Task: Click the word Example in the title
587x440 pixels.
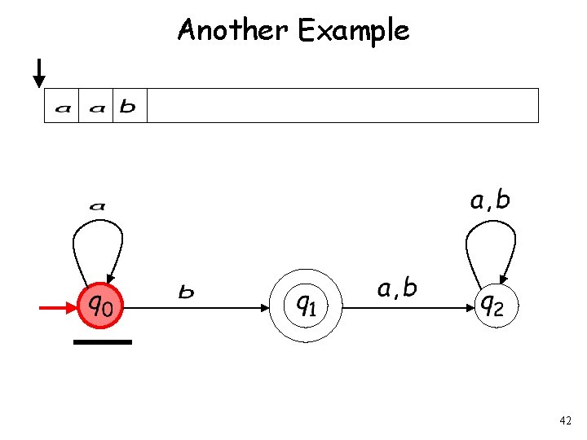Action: pyautogui.click(x=354, y=31)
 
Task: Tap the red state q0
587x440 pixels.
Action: pyautogui.click(x=102, y=306)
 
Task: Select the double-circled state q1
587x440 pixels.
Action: pyautogui.click(x=306, y=306)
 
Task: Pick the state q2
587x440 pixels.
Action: pyautogui.click(x=495, y=306)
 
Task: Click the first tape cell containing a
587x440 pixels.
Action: pyautogui.click(x=62, y=106)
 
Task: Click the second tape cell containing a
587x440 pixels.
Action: pyautogui.click(x=96, y=106)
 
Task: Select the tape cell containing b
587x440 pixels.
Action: pyautogui.click(x=129, y=106)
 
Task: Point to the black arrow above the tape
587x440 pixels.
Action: pyautogui.click(x=38, y=74)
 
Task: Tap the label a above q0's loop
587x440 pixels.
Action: pyautogui.click(x=97, y=205)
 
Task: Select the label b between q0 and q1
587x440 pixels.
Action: pyautogui.click(x=187, y=291)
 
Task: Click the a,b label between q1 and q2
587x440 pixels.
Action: pyautogui.click(x=398, y=288)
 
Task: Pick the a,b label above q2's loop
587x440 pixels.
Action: pyautogui.click(x=490, y=200)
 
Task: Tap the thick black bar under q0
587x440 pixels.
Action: pyautogui.click(x=102, y=342)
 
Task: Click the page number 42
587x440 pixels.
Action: pyautogui.click(x=566, y=420)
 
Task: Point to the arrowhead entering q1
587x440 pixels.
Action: pyautogui.click(x=265, y=308)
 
